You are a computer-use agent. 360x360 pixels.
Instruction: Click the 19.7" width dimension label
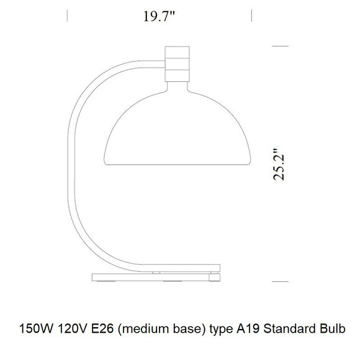click(159, 17)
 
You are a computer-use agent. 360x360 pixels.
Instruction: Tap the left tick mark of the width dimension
click(67, 16)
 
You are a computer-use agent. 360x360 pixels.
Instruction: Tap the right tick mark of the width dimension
click(251, 16)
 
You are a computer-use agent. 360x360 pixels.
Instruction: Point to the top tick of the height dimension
click(281, 46)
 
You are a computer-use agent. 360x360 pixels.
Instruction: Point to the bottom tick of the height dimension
click(281, 281)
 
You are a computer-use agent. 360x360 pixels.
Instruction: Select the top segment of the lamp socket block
click(178, 52)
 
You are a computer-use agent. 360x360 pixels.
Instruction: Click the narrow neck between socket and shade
click(178, 86)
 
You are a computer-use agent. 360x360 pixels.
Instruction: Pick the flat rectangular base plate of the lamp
click(156, 277)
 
